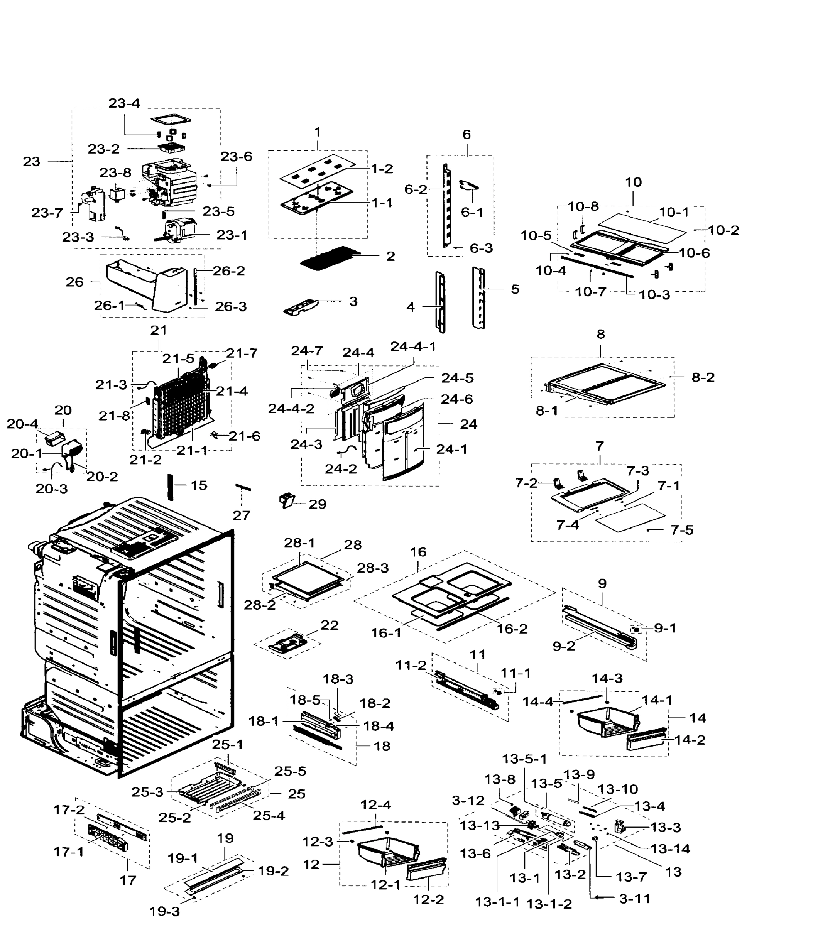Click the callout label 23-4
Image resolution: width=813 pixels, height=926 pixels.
tap(124, 103)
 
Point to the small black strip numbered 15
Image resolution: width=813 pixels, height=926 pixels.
tap(171, 487)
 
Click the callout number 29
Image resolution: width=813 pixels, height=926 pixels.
tap(317, 504)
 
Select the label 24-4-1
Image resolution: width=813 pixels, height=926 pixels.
tap(413, 346)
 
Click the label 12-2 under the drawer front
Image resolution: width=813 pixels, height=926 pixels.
tap(428, 899)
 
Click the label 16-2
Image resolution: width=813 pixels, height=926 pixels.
tap(512, 629)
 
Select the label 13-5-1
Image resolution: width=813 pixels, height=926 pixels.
tap(524, 759)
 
